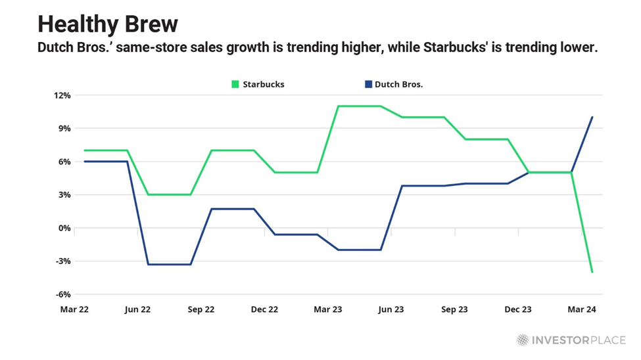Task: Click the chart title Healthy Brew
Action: tap(108, 24)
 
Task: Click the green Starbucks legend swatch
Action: tap(235, 84)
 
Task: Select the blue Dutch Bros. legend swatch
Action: tap(369, 84)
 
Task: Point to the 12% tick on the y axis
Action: tap(62, 95)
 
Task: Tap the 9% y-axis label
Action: tap(64, 128)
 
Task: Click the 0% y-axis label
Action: tap(64, 228)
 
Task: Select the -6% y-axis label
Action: tap(63, 294)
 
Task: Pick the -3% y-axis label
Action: tap(63, 261)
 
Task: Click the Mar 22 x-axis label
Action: tap(74, 309)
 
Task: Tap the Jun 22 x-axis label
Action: tap(137, 309)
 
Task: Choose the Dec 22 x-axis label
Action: tap(264, 309)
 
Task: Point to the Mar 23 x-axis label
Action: tap(327, 309)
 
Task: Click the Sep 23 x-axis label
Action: tap(454, 309)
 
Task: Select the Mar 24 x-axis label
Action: tap(581, 309)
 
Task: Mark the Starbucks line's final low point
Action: tap(592, 272)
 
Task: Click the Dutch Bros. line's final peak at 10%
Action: tap(592, 118)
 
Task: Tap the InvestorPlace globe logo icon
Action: tap(523, 340)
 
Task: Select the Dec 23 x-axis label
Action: tap(517, 309)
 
